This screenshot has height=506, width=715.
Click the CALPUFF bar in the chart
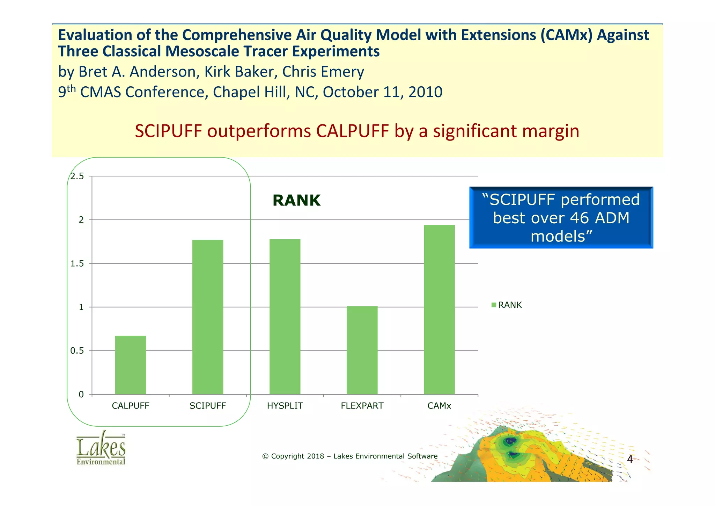tap(130, 365)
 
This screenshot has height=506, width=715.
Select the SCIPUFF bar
tap(208, 317)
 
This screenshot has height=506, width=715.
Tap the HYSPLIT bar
tap(285, 317)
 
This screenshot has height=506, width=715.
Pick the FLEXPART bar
tap(362, 350)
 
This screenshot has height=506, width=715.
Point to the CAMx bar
tap(439, 310)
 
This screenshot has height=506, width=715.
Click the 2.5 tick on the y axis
tap(77, 176)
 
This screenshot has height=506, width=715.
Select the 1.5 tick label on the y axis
tap(77, 264)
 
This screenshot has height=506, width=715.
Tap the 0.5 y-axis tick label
tap(77, 351)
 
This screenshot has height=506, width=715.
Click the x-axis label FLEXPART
tap(362, 406)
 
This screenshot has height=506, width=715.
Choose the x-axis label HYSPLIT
tap(285, 406)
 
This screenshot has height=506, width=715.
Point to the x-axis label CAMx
tap(439, 406)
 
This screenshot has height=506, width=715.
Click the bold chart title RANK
tap(296, 201)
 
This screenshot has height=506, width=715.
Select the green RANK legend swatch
tap(494, 305)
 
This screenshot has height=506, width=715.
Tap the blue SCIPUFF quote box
tap(561, 218)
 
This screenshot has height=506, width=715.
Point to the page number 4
tap(630, 459)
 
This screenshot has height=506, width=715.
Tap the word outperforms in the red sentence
tap(259, 131)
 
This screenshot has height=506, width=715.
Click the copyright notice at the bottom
tap(349, 456)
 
